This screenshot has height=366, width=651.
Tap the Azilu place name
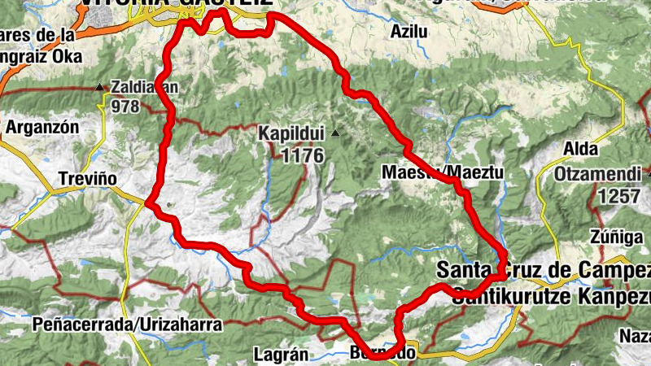click(x=408, y=33)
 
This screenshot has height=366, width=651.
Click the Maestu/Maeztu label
click(x=443, y=172)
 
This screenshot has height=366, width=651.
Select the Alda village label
click(x=581, y=150)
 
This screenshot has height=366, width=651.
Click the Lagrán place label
click(x=281, y=355)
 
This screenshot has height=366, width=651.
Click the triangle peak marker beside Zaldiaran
click(x=99, y=86)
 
